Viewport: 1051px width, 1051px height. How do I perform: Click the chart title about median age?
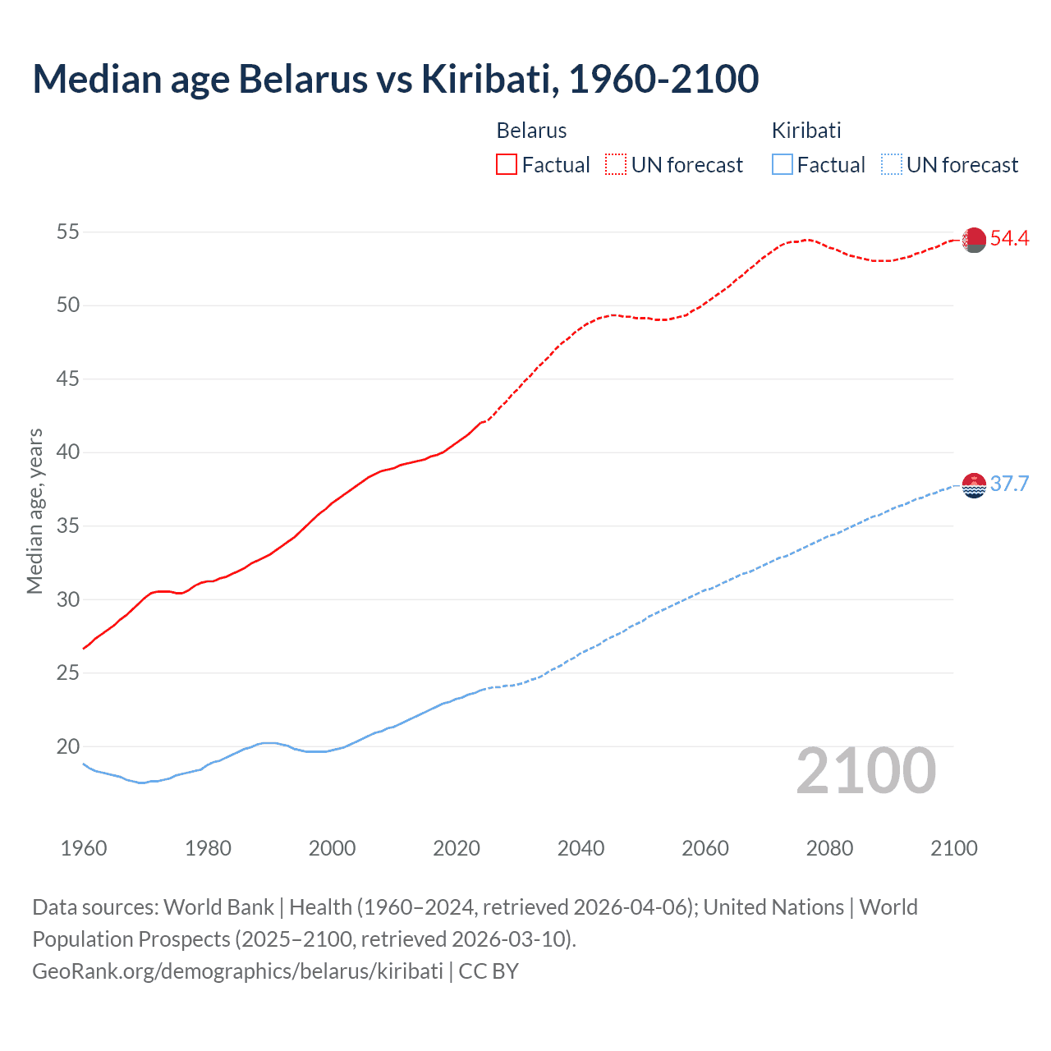point(395,79)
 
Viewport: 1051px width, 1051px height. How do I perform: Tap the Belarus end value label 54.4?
point(1009,239)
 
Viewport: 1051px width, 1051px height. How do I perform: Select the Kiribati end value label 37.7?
point(1009,484)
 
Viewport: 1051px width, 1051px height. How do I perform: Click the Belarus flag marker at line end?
point(974,240)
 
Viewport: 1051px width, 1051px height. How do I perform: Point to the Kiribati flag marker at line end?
point(974,486)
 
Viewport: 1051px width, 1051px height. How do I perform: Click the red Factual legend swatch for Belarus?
point(507,165)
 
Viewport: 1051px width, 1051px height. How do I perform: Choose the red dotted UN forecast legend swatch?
point(616,165)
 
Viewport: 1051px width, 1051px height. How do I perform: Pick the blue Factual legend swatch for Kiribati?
point(782,165)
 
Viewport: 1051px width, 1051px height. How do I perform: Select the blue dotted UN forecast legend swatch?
point(891,165)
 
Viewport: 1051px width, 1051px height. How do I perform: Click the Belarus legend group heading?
point(531,131)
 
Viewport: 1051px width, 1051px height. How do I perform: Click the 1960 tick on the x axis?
point(84,848)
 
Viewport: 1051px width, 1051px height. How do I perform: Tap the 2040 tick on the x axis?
point(581,848)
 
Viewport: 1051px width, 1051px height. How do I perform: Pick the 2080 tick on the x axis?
point(829,848)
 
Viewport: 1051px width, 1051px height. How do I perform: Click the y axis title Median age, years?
point(34,511)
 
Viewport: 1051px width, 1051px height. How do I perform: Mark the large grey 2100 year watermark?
point(865,770)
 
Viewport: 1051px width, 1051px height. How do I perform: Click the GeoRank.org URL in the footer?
point(237,971)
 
